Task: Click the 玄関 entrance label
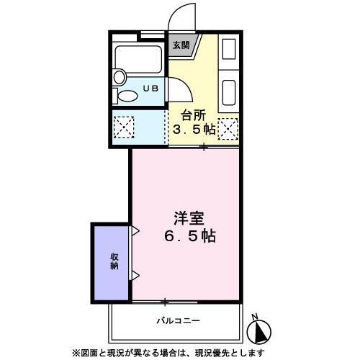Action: click(181, 45)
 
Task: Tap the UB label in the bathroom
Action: click(151, 89)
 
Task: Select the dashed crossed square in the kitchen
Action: click(228, 129)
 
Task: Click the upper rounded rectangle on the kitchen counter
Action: click(229, 50)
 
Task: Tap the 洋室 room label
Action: click(189, 217)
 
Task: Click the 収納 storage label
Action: click(114, 261)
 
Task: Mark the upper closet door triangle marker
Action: click(135, 231)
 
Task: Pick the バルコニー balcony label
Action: click(176, 320)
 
